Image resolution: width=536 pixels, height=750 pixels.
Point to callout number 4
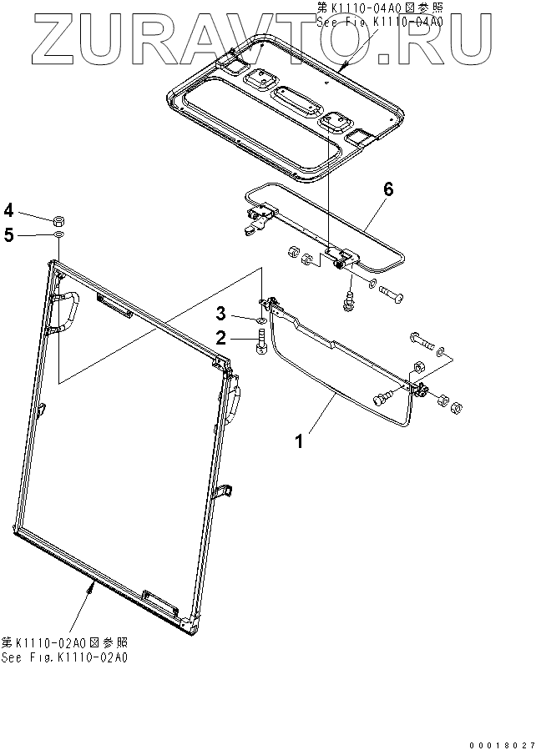8,209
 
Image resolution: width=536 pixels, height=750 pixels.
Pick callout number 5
8,235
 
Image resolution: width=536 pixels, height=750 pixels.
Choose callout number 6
387,189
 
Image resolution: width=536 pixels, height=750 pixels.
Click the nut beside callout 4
60,220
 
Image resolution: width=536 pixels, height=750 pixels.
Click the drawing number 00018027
498,742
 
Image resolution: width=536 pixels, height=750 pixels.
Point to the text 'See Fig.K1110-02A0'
64,657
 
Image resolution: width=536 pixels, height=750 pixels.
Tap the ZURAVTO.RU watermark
267,38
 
